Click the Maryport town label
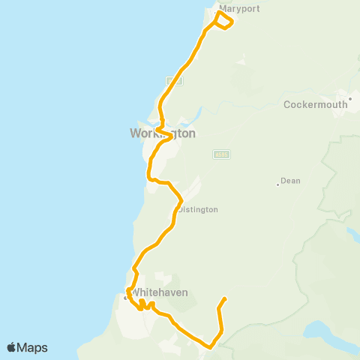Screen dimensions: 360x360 point(233,10)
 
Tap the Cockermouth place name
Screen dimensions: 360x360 point(316,105)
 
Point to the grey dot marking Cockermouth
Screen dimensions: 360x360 point(349,98)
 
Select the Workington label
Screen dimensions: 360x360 point(163,133)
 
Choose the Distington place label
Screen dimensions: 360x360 point(197,210)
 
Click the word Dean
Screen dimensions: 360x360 point(290,181)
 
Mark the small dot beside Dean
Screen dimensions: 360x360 point(277,184)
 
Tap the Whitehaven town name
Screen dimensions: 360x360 point(160,292)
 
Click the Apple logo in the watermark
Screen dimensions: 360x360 point(12,347)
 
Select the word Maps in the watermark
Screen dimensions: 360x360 point(32,347)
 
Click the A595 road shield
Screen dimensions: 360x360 point(220,154)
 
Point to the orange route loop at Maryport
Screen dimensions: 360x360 point(224,20)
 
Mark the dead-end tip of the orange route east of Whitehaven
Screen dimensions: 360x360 point(225,298)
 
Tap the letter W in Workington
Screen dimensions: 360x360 point(136,133)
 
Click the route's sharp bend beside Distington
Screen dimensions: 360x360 point(181,201)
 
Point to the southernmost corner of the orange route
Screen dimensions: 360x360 point(211,346)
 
